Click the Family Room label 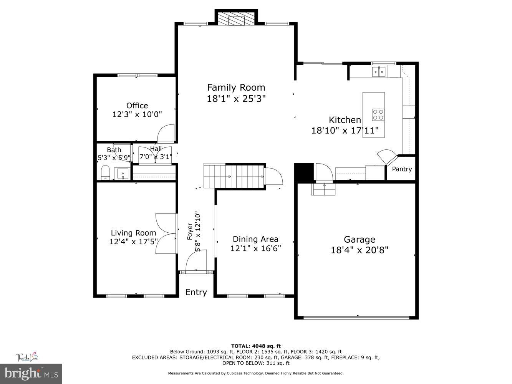coord(236,87)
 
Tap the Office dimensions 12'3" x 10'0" coord(137,114)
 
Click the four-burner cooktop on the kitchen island coord(378,114)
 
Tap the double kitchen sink coord(379,71)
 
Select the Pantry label coord(402,169)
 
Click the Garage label coord(359,240)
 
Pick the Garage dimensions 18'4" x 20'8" coord(359,250)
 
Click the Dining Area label coord(255,239)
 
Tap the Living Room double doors coord(166,233)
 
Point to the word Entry coord(196,292)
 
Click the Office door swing coord(166,134)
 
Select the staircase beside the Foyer coord(234,176)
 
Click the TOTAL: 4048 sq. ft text coord(255,346)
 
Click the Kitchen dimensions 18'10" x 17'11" coord(345,131)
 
